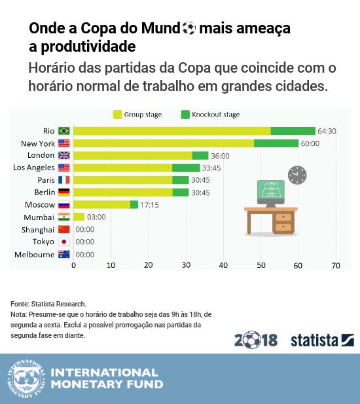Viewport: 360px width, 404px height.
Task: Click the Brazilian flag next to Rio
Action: [x=64, y=131]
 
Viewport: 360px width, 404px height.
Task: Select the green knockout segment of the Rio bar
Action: [x=293, y=131]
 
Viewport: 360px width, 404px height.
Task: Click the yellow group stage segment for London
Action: [x=132, y=155]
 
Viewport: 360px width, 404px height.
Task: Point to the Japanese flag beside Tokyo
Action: [x=64, y=242]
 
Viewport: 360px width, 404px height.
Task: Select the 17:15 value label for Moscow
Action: [x=150, y=205]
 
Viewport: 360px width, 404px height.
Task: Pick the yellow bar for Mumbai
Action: [x=79, y=217]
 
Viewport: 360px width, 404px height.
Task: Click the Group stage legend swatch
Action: [x=118, y=115]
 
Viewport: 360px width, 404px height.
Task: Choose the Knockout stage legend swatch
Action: [x=185, y=115]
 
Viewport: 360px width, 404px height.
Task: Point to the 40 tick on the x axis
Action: [x=224, y=265]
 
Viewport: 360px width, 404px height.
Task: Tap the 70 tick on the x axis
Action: [x=336, y=265]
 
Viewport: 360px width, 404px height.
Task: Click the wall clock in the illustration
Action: [x=297, y=175]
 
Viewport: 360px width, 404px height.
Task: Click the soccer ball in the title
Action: [x=189, y=28]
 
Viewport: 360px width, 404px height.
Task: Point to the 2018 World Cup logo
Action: [x=256, y=340]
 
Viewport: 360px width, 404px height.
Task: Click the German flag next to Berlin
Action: [x=64, y=193]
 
